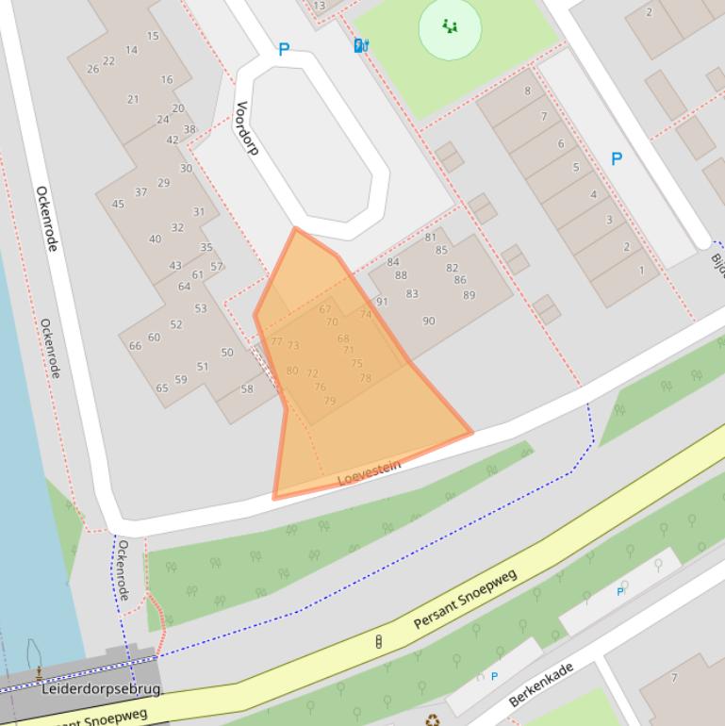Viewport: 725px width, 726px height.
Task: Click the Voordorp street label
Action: (x=246, y=128)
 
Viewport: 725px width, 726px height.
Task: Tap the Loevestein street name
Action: (x=370, y=472)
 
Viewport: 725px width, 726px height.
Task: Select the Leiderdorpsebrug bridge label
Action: (x=101, y=689)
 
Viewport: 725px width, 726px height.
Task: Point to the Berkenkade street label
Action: (x=540, y=685)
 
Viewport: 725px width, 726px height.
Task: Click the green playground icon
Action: (x=450, y=27)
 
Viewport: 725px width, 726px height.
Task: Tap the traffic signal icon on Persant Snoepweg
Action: (x=379, y=642)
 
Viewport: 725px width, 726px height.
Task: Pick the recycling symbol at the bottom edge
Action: (x=432, y=719)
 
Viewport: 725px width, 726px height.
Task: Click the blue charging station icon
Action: (x=360, y=45)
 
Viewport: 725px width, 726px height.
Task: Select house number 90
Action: (x=429, y=321)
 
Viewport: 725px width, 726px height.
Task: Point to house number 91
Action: (x=382, y=302)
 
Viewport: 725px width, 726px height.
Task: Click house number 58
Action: (x=247, y=388)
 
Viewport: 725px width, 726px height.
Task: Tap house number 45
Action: (x=118, y=204)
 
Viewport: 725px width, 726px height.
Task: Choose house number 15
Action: (x=153, y=36)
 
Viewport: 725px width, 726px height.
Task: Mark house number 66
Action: (x=135, y=346)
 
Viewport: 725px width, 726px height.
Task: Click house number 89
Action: (x=469, y=295)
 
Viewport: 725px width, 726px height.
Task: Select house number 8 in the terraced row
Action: (x=527, y=91)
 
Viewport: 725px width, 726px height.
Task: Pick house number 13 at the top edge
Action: (x=319, y=6)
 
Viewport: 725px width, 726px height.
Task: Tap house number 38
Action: (x=189, y=130)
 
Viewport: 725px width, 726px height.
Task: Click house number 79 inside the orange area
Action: (x=329, y=401)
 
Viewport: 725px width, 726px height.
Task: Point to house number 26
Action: (x=92, y=69)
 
